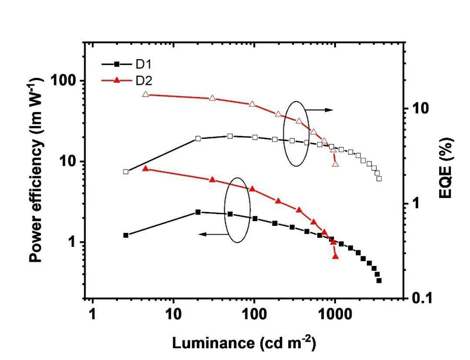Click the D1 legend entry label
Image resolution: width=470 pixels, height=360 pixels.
pyautogui.click(x=144, y=64)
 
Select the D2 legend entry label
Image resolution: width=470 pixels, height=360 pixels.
pyautogui.click(x=144, y=81)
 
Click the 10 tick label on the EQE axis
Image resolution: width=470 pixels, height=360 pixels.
pyautogui.click(x=420, y=108)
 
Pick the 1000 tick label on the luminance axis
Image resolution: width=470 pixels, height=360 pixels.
pyautogui.click(x=335, y=314)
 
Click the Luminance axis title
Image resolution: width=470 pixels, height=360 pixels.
pyautogui.click(x=244, y=343)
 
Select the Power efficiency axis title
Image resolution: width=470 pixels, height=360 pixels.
pyautogui.click(x=36, y=169)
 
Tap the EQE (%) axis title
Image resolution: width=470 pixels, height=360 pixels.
pyautogui.click(x=446, y=168)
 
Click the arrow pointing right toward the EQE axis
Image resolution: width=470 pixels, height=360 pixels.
pyautogui.click(x=319, y=110)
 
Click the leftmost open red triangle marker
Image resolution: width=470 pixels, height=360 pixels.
pyautogui.click(x=145, y=94)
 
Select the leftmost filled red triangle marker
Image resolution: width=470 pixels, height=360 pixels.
pyautogui.click(x=145, y=168)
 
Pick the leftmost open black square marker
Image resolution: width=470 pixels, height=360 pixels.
pyautogui.click(x=126, y=172)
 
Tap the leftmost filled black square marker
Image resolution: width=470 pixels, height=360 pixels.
pyautogui.click(x=126, y=236)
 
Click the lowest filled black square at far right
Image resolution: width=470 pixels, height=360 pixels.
pyautogui.click(x=379, y=281)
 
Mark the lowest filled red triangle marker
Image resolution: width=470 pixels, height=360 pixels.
pyautogui.click(x=336, y=256)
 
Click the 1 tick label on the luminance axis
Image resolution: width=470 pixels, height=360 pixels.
pyautogui.click(x=92, y=314)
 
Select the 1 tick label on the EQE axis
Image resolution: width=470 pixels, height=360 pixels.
pyautogui.click(x=415, y=203)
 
